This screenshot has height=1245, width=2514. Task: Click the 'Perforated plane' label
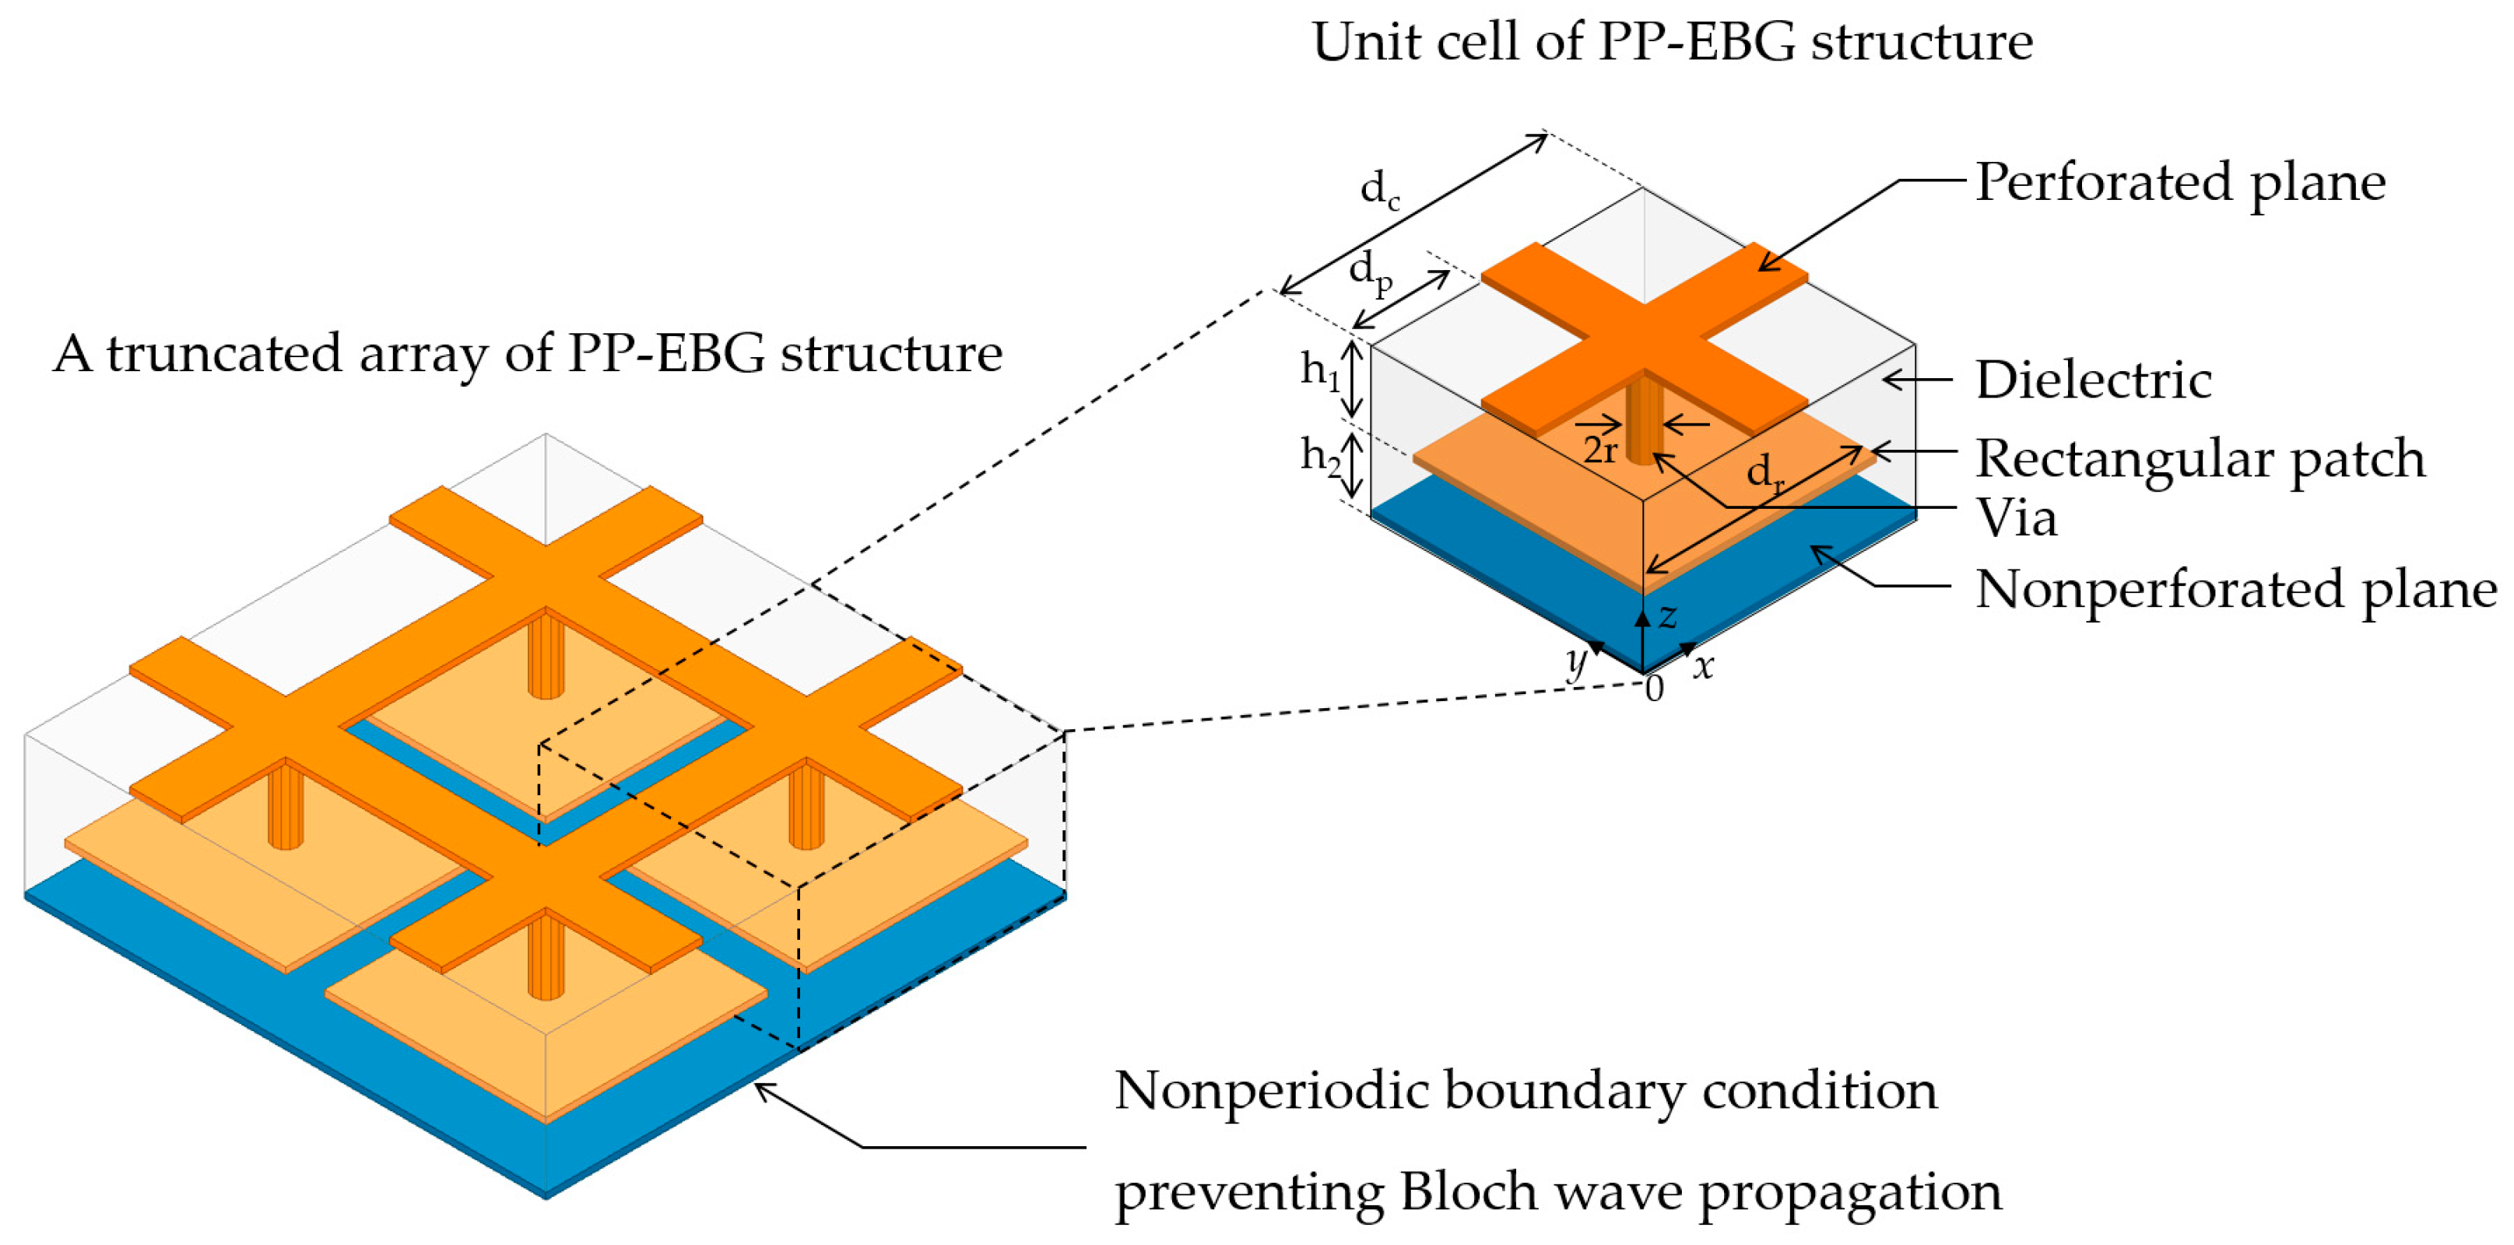pos(2179,182)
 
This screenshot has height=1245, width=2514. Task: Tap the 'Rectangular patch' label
pos(2200,458)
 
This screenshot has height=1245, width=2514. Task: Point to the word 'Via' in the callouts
pos(2017,517)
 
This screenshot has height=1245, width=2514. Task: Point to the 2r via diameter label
pos(1599,450)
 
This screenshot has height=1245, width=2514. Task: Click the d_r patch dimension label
pos(1764,474)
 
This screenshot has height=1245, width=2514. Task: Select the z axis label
pos(1668,615)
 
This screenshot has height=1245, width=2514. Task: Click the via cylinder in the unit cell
pos(1644,419)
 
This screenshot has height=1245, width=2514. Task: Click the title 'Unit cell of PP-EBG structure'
pos(1671,42)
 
